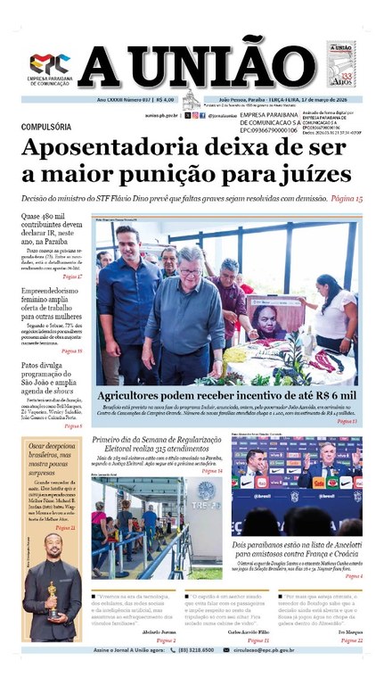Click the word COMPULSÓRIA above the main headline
click(x=51, y=128)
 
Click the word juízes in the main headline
click(x=321, y=176)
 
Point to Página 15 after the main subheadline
click(x=341, y=200)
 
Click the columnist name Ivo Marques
click(x=347, y=654)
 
